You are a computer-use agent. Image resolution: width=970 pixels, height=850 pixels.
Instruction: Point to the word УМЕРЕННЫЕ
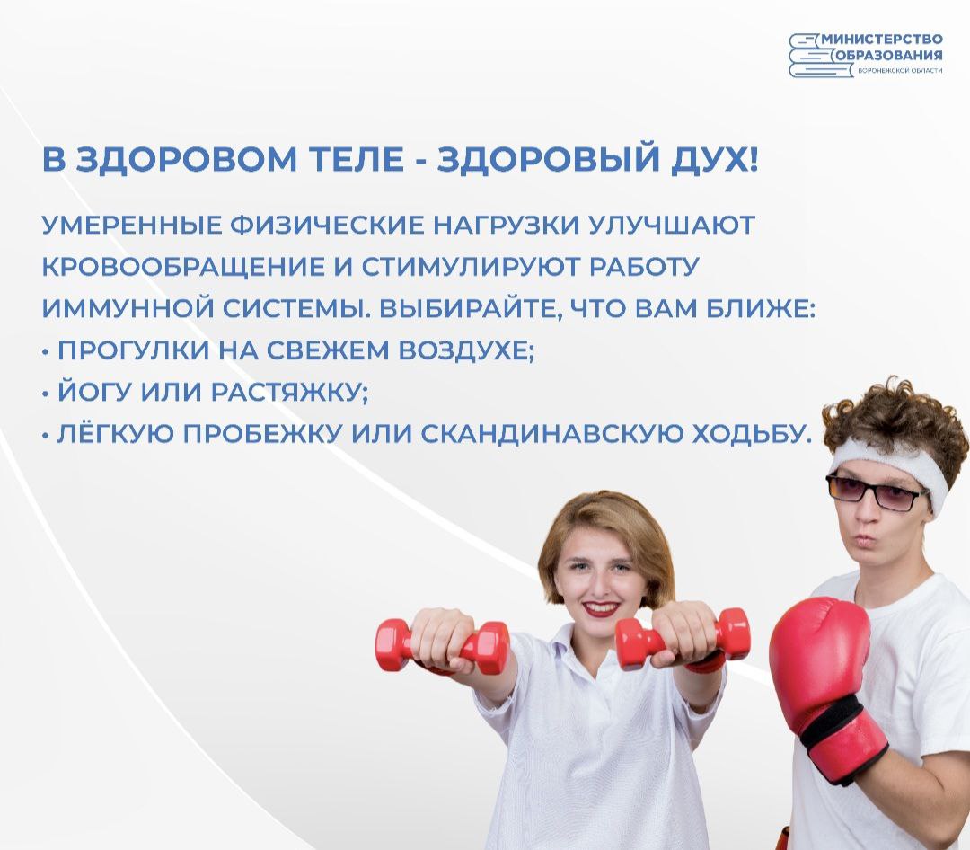point(131,226)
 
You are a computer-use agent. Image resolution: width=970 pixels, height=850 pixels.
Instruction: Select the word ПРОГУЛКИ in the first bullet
point(134,351)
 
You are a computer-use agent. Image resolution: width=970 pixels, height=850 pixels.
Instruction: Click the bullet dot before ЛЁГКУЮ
point(45,437)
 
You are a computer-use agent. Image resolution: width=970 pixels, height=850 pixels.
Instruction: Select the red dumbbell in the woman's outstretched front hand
point(442,645)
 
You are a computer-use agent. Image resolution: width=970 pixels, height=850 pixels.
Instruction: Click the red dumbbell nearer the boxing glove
point(683,639)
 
